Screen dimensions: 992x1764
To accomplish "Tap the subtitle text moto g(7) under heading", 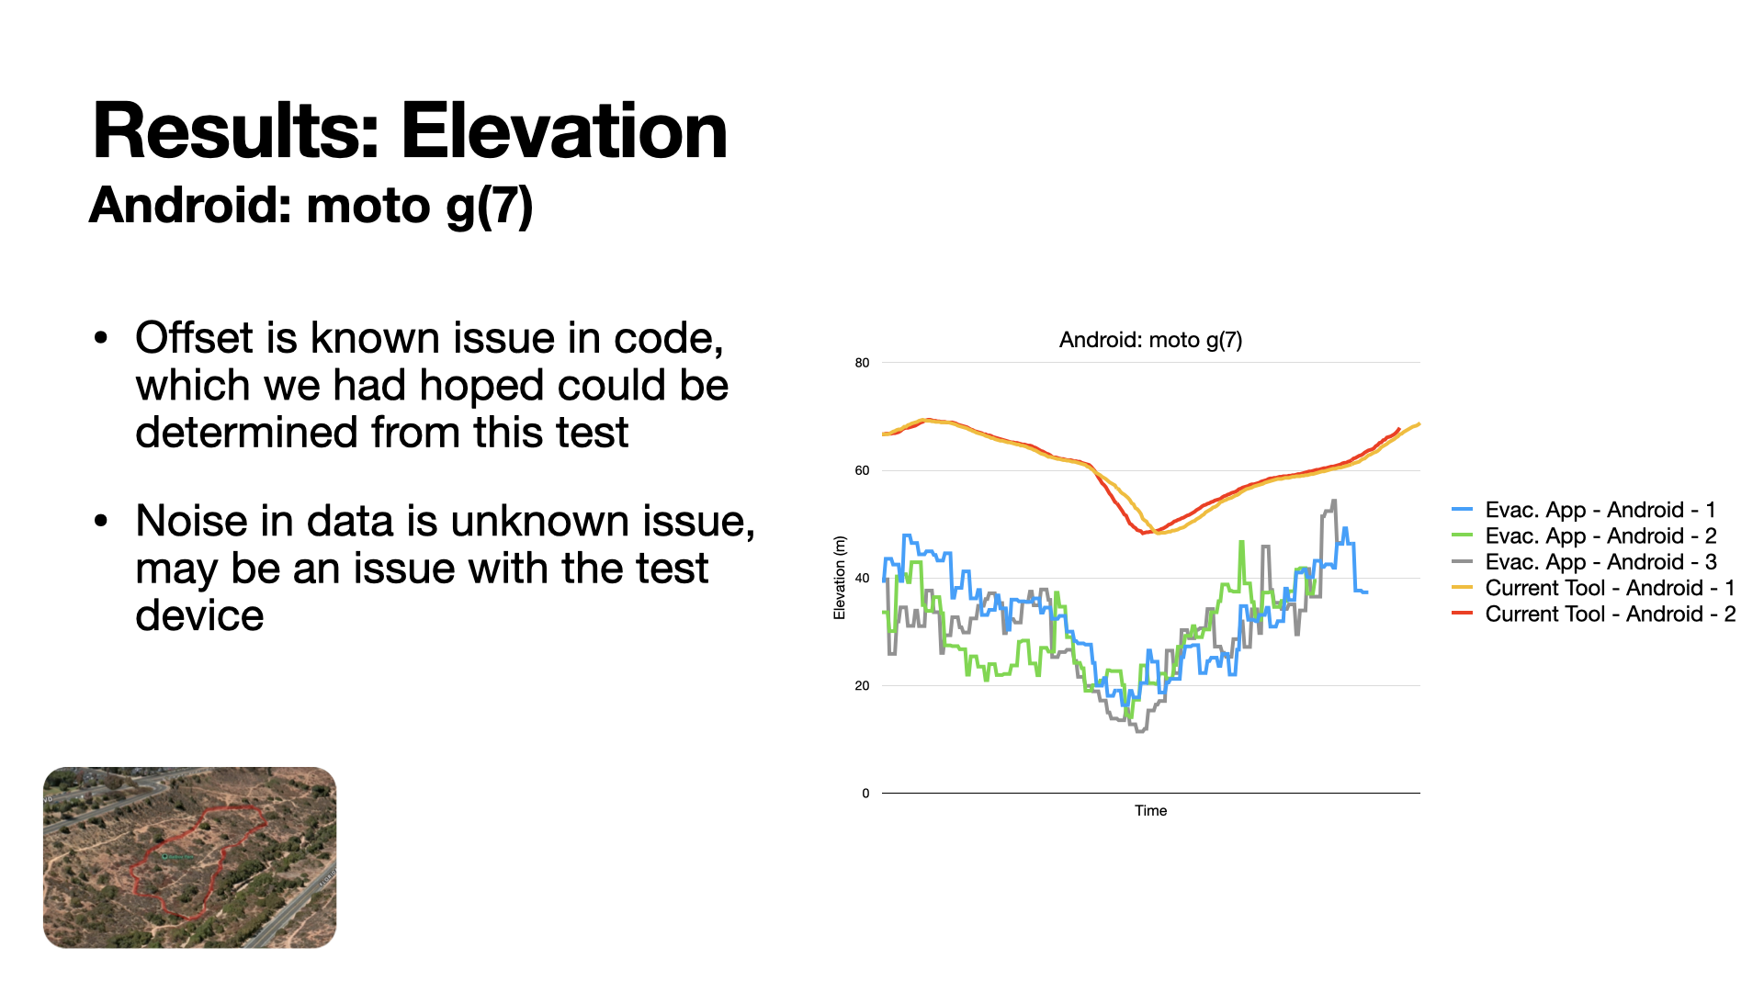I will click(x=419, y=205).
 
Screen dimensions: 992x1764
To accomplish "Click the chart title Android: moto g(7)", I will click(x=1150, y=340).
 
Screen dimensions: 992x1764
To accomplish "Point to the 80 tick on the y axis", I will click(x=862, y=363).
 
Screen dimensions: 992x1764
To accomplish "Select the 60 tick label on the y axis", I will click(x=862, y=470).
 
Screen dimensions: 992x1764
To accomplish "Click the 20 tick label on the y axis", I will click(x=862, y=685).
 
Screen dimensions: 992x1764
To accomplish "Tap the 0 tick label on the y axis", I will click(x=865, y=794).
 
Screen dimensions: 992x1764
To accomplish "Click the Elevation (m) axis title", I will click(x=839, y=578).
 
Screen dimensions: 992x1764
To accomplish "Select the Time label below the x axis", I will click(x=1150, y=810).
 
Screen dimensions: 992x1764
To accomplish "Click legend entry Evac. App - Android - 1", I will click(x=1600, y=510).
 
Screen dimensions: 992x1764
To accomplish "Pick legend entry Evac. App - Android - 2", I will click(x=1600, y=535).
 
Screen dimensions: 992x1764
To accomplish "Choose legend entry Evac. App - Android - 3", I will click(x=1600, y=561).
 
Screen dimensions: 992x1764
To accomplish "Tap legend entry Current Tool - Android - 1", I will click(x=1609, y=588).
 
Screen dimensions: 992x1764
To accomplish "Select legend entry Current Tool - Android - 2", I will click(x=1609, y=614).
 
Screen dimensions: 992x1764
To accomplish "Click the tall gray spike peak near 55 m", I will click(x=1333, y=502).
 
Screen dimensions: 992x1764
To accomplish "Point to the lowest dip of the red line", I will click(x=1144, y=532).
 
